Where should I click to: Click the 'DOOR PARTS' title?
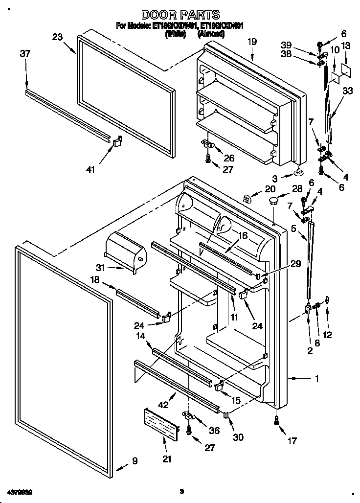[x=180, y=15]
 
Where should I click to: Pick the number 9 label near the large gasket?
[x=135, y=460]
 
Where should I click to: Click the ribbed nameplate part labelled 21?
[x=160, y=423]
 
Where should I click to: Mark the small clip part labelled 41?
[x=117, y=142]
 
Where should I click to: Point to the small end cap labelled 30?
[x=226, y=415]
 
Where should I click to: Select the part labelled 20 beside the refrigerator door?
[x=247, y=198]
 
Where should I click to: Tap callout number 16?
[x=243, y=235]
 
